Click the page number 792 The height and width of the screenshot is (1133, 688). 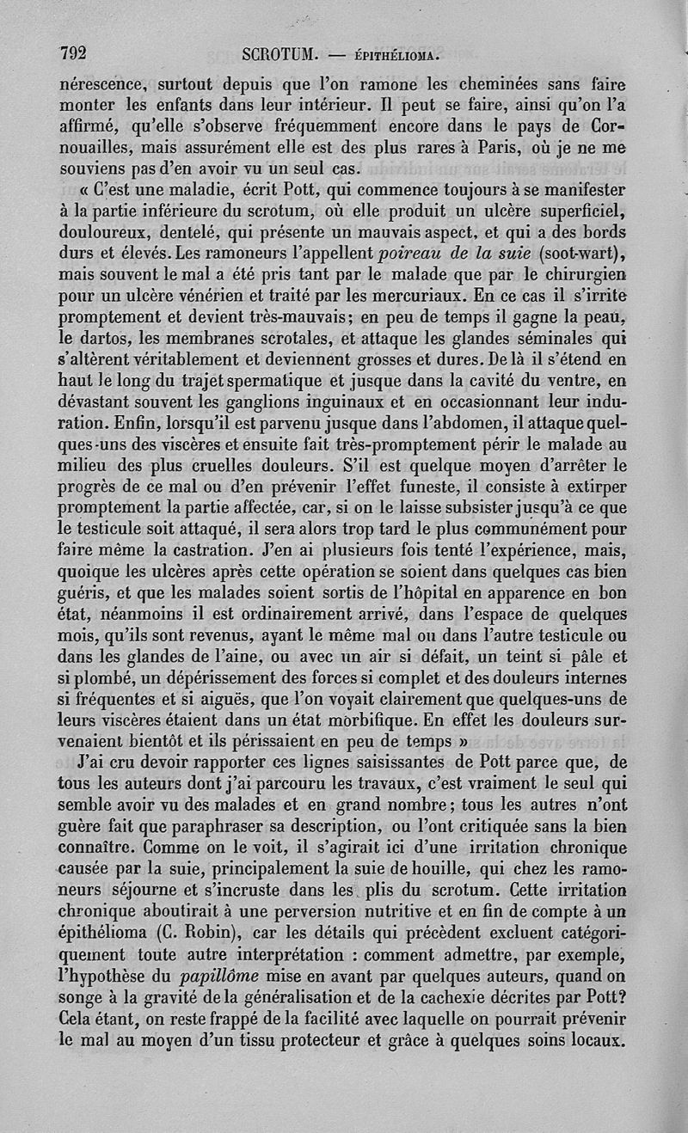pos(73,52)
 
